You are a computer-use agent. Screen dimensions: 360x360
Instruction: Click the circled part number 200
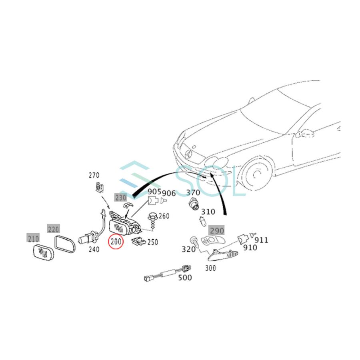pyautogui.click(x=116, y=242)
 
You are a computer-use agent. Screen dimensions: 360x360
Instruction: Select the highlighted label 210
pyautogui.click(x=33, y=239)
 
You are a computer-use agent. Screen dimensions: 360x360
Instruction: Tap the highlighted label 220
pyautogui.click(x=53, y=229)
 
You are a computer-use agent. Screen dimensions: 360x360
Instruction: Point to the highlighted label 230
pyautogui.click(x=120, y=197)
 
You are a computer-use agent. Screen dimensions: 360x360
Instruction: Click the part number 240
pyautogui.click(x=94, y=249)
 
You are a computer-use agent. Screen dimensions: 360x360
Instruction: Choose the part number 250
pyautogui.click(x=152, y=242)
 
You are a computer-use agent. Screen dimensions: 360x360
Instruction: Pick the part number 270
pyautogui.click(x=94, y=175)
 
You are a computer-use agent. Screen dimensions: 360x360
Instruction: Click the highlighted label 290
pyautogui.click(x=217, y=231)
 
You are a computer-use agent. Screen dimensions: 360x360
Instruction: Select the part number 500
pyautogui.click(x=185, y=277)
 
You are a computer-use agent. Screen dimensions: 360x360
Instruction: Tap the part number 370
pyautogui.click(x=193, y=193)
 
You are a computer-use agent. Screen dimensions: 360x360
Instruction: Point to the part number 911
pyautogui.click(x=262, y=240)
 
